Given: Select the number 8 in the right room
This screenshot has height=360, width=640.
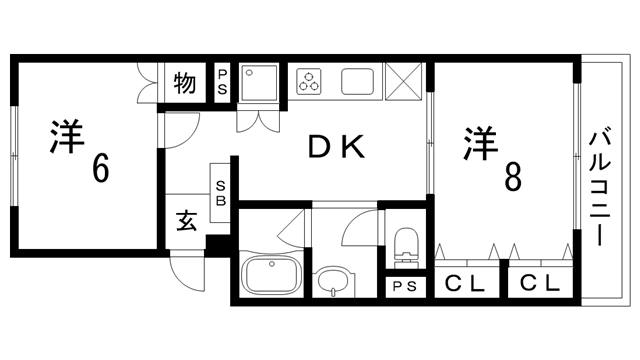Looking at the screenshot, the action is (x=512, y=178).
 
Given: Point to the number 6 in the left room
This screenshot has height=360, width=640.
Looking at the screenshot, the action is (x=100, y=169).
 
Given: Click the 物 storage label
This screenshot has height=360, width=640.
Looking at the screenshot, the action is (x=183, y=81).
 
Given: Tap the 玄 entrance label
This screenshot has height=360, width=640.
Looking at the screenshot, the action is (x=186, y=219).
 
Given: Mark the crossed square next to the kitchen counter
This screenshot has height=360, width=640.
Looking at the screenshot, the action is (x=405, y=80).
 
